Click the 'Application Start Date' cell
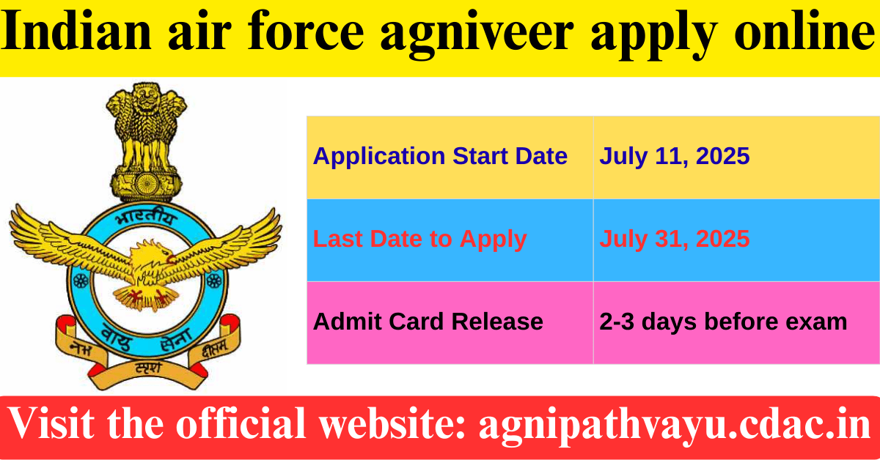(440, 156)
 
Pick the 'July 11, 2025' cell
(674, 156)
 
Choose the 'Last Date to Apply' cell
(419, 239)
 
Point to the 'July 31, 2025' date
(674, 239)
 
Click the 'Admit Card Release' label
(428, 322)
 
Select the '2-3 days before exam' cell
(723, 322)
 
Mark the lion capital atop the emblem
(145, 125)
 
